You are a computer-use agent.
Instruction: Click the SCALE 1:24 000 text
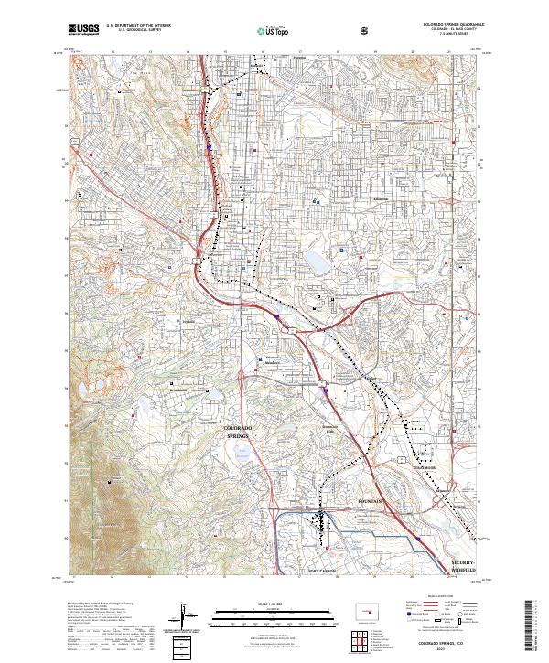tap(274, 602)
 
